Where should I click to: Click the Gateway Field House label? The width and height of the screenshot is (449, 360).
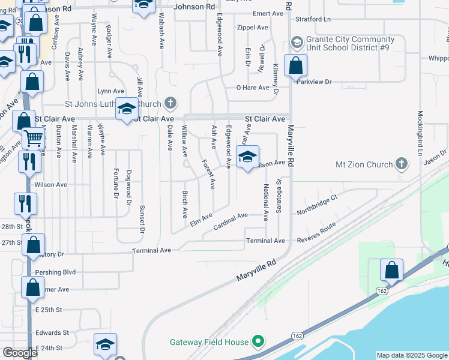(209, 342)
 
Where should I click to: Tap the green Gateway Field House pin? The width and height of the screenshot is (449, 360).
(259, 341)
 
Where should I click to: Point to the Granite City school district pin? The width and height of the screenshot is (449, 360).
(296, 43)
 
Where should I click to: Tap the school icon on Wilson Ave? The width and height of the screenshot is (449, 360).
(247, 157)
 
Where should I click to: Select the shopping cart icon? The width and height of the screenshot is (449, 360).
(34, 139)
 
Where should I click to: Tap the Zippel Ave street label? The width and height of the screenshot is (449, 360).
(253, 28)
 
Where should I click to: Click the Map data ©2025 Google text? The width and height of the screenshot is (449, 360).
(411, 355)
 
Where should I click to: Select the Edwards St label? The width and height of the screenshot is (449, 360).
(52, 332)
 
